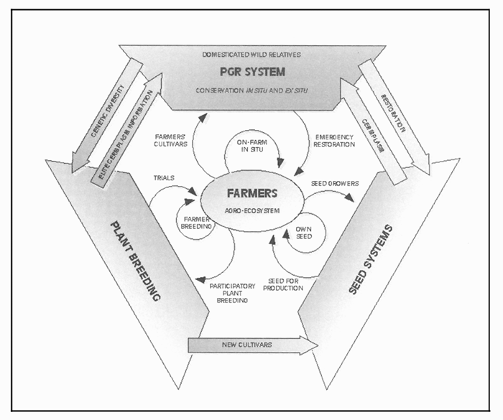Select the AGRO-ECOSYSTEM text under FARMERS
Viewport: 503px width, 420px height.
pyautogui.click(x=249, y=212)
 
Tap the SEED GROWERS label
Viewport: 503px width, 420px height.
pyautogui.click(x=335, y=183)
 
